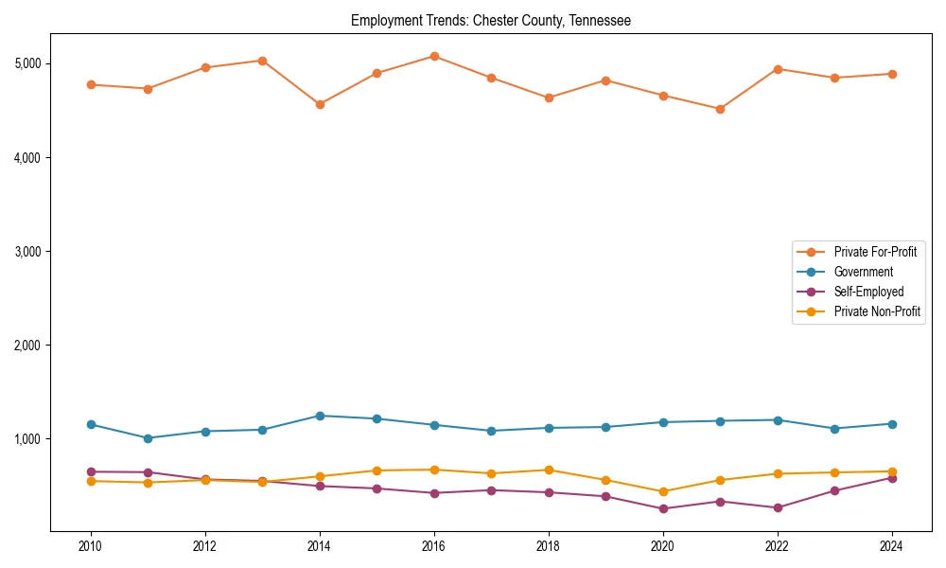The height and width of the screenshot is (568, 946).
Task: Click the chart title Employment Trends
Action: coord(490,20)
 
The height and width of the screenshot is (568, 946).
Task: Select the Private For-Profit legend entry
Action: coord(874,252)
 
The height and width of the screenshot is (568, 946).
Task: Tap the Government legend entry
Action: coord(863,272)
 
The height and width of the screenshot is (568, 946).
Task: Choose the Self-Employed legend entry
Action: coord(868,292)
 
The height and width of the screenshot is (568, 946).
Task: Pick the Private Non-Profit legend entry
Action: coord(877,311)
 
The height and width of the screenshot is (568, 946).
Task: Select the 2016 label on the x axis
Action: coord(434,546)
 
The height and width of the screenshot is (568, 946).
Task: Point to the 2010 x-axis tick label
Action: coord(91,546)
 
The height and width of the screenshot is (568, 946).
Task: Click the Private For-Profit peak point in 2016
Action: coord(434,56)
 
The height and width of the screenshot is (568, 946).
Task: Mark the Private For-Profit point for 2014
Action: coord(320,104)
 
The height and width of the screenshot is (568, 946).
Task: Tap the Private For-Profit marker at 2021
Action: coord(720,109)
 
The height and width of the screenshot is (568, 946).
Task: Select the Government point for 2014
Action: coord(320,416)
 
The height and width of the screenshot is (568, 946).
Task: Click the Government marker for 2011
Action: coord(149,438)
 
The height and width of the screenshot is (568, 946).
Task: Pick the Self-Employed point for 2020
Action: coord(663,508)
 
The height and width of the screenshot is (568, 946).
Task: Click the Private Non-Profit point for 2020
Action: coord(663,491)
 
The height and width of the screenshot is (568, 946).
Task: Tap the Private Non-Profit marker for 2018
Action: coord(549,470)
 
